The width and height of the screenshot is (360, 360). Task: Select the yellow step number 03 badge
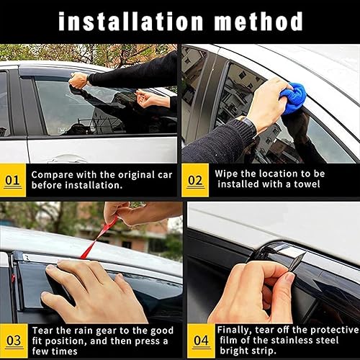pos(12,338)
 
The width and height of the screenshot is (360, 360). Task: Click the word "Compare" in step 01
pos(51,174)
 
